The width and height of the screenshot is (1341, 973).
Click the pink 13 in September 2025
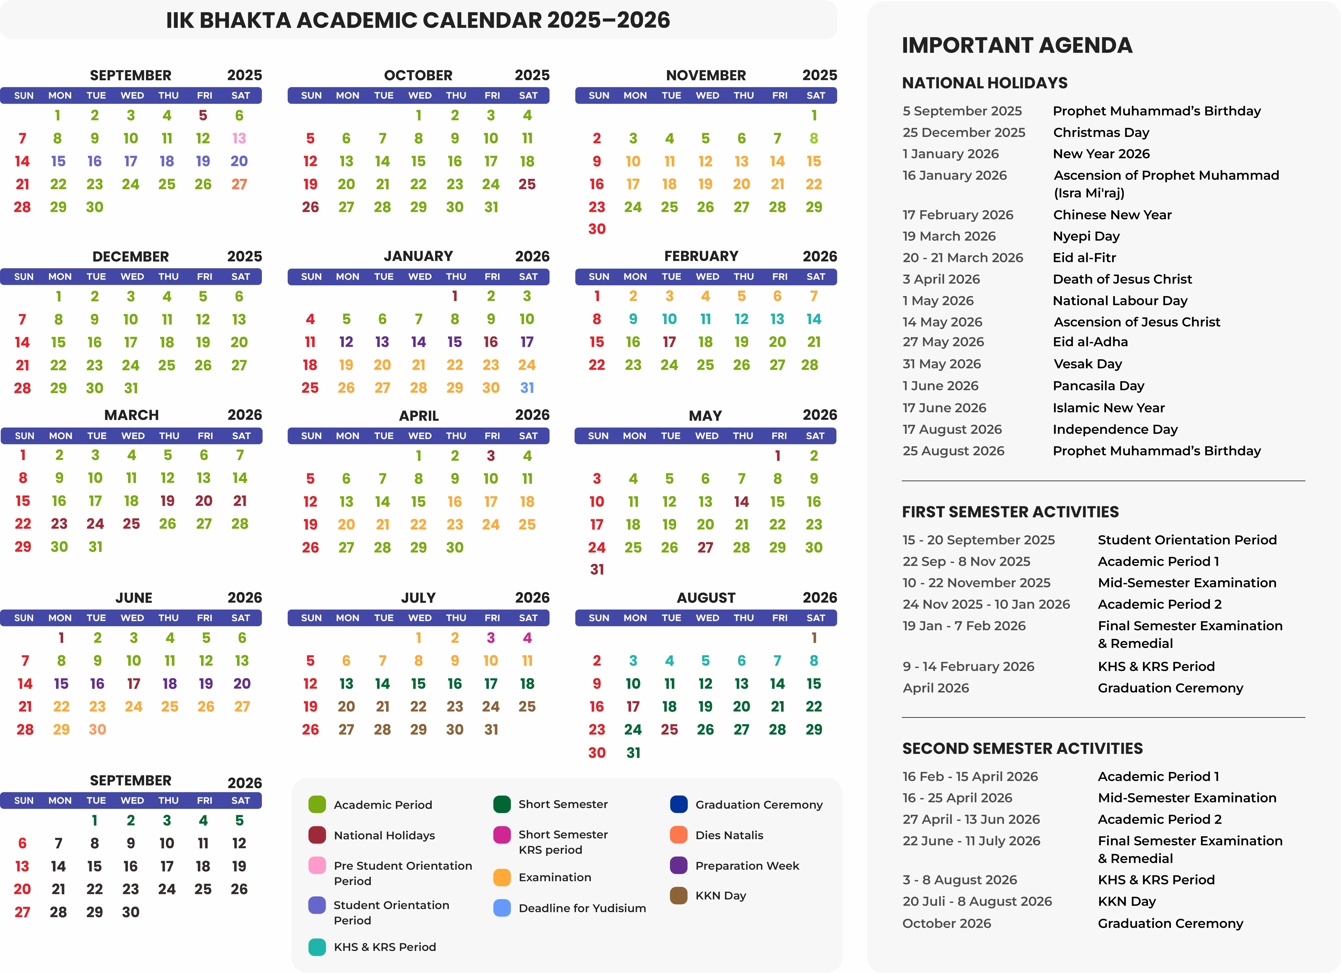coord(239,138)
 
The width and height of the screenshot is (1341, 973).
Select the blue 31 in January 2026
coord(527,388)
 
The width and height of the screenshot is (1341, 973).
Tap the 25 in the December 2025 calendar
coord(167,365)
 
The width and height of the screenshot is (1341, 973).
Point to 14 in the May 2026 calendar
coord(741,501)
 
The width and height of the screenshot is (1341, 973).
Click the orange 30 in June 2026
coord(98,730)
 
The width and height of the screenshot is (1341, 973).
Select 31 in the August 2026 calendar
coord(633,753)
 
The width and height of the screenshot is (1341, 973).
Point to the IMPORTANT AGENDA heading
coord(1017,45)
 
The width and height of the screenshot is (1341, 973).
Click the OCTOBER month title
coord(418,75)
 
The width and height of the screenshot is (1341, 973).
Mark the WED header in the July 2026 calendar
coord(420,618)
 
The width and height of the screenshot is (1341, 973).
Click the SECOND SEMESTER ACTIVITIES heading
coord(1022,748)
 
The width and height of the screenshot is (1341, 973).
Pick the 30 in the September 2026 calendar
coord(131,912)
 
